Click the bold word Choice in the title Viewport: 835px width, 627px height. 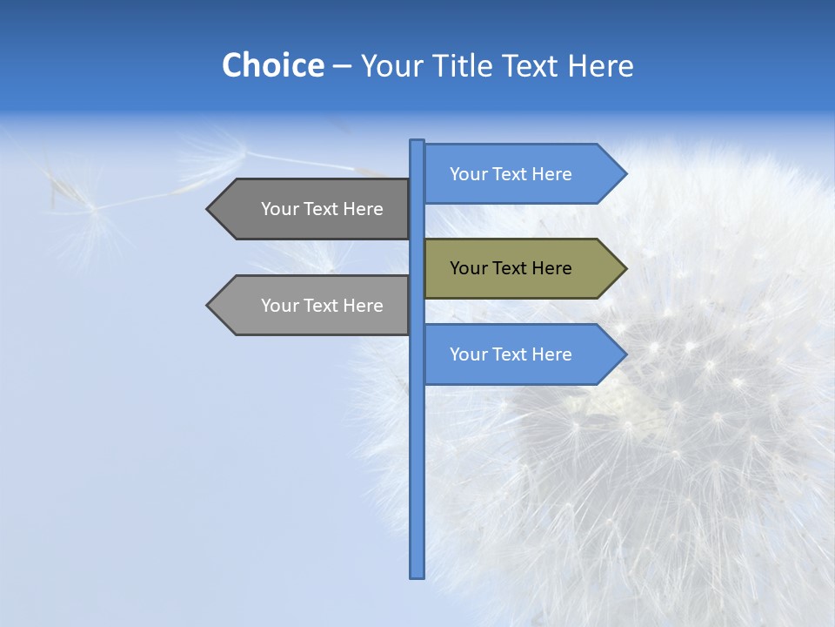click(x=272, y=65)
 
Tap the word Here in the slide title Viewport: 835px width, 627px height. click(x=600, y=65)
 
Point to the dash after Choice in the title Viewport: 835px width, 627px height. click(x=342, y=66)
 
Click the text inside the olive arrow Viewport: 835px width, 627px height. click(x=511, y=268)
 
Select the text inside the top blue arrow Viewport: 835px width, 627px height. click(x=511, y=174)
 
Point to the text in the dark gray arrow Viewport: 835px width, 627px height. click(x=322, y=209)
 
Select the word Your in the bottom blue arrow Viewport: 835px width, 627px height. click(x=468, y=354)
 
